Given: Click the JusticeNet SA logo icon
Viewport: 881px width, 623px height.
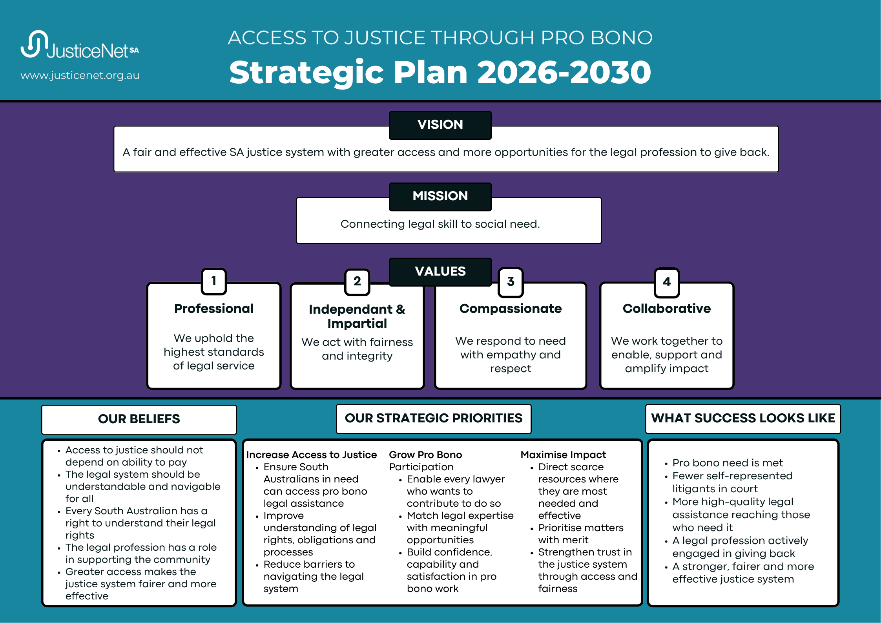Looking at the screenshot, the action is pos(35,44).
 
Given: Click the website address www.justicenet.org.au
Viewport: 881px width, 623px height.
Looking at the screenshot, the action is pos(80,75).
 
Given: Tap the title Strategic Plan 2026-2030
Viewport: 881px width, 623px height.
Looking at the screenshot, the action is pos(440,72).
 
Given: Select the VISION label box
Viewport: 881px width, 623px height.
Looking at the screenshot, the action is pos(440,125).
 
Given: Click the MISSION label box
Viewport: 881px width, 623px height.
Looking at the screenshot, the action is pos(440,196).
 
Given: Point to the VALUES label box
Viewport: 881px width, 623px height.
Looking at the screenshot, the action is pos(440,272).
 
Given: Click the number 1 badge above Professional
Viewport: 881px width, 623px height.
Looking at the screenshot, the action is pos(214,281).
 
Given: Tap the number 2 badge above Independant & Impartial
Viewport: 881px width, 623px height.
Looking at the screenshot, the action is pos(357,281).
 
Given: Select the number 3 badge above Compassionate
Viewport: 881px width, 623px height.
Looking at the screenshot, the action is pos(511,282).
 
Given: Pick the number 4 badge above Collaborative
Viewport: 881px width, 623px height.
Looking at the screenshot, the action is pos(667,282).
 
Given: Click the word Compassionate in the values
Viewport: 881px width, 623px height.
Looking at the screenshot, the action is pos(511,309).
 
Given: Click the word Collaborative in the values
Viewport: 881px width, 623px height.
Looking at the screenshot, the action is pos(667,309).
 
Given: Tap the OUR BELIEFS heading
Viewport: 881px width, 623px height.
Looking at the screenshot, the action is pos(139,419).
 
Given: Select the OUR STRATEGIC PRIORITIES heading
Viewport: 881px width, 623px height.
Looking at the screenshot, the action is pos(434,418).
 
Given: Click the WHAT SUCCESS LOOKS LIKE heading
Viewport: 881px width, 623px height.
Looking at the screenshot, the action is pos(743,418).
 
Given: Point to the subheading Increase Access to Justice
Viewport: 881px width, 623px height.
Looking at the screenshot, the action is pos(311,455).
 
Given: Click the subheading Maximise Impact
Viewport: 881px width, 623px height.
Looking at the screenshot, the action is pos(563,455).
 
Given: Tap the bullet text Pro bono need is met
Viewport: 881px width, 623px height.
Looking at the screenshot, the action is pos(728,463).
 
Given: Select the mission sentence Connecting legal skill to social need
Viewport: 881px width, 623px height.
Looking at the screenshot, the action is pos(440,224).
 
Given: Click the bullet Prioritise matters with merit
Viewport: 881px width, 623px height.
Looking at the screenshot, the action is pos(581,534).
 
